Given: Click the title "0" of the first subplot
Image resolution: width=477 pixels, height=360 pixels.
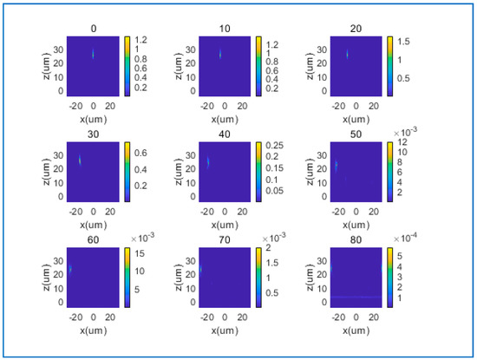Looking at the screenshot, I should [94, 29].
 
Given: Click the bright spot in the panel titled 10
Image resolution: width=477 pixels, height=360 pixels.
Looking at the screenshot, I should [220, 55].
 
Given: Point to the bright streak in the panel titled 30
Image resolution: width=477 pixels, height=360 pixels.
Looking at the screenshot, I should [81, 160].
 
